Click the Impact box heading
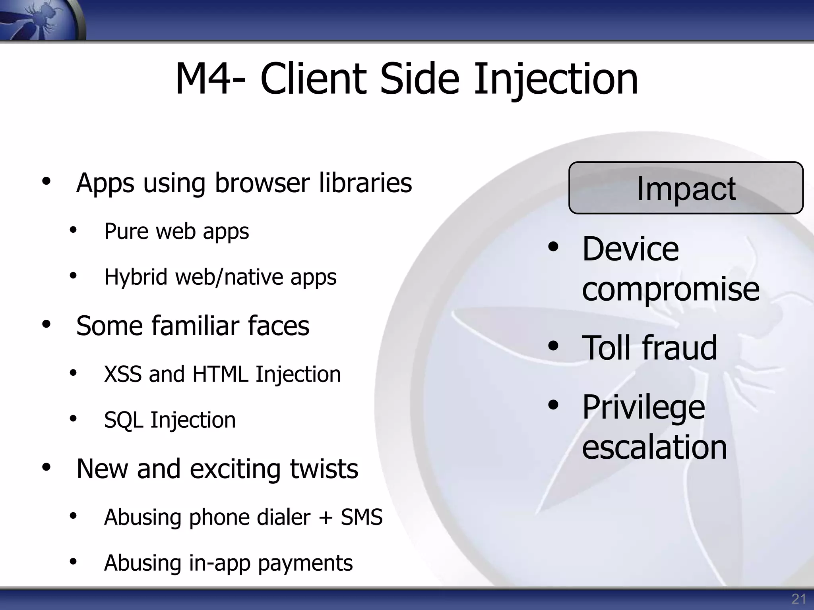(686, 188)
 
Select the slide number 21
(798, 599)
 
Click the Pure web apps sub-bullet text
(176, 231)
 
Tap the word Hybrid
(136, 277)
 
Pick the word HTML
(220, 374)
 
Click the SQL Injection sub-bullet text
(170, 420)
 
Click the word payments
(305, 563)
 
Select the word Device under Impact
(630, 249)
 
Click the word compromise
(671, 289)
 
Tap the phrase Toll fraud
(649, 348)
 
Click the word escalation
(654, 447)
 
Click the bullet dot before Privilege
(553, 405)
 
